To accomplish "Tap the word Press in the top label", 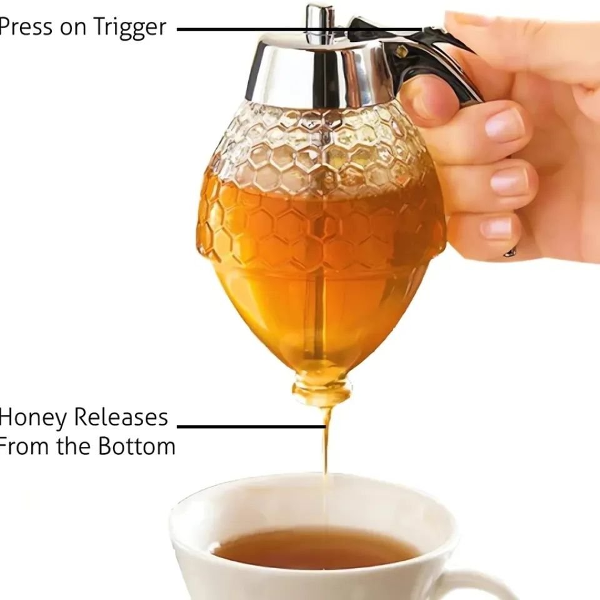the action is click(26, 27).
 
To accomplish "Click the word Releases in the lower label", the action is click(121, 417).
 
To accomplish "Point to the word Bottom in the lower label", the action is click(137, 446).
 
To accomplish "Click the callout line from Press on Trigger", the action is click(300, 29).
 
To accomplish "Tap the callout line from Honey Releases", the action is click(251, 426).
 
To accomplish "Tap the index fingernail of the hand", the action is click(504, 123).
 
